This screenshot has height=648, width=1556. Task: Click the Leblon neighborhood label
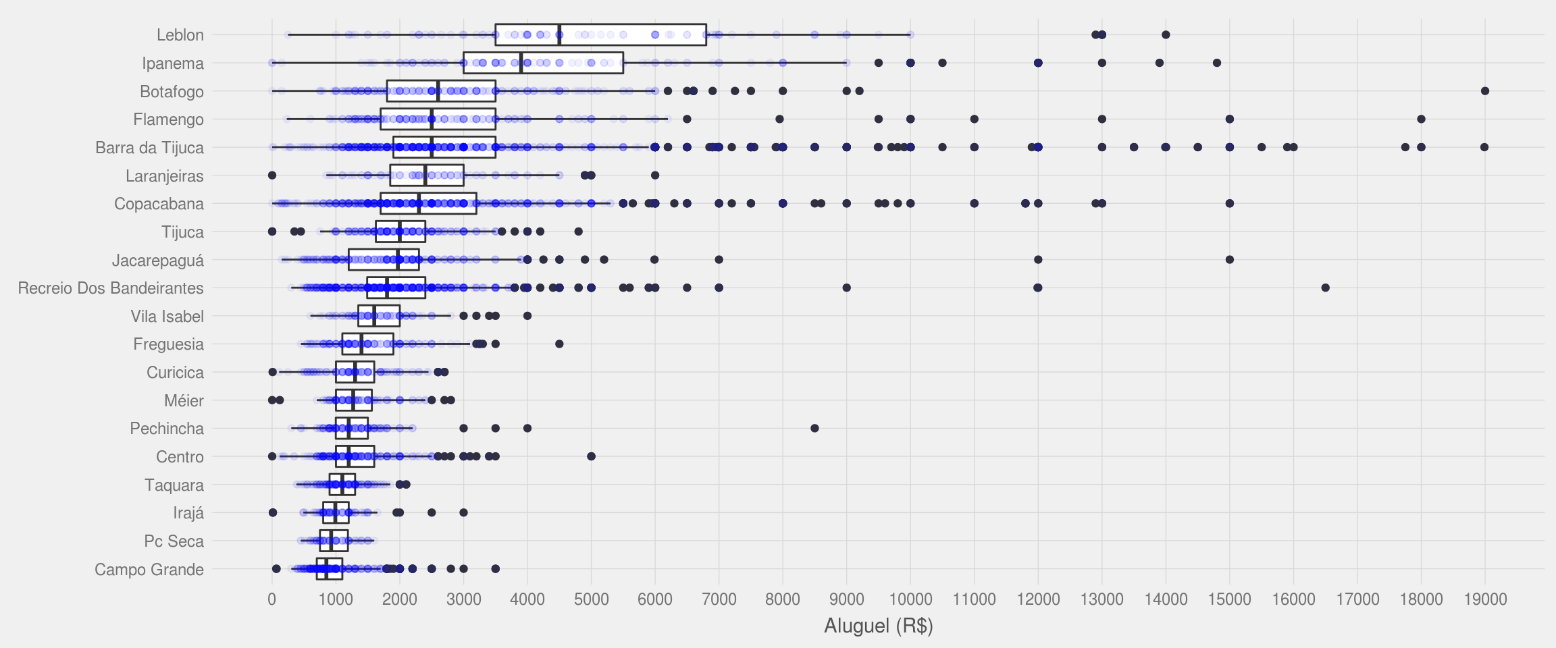[x=180, y=35]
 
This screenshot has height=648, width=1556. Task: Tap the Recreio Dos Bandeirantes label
[x=111, y=288]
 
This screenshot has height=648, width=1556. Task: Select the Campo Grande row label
[x=149, y=570]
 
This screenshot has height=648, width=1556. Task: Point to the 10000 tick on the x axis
[x=910, y=599]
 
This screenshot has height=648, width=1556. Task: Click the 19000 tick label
[x=1485, y=599]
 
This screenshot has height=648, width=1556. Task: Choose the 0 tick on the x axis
[x=272, y=599]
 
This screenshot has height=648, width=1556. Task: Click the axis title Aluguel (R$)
[x=878, y=626]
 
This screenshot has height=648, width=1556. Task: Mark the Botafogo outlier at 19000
[x=1485, y=91]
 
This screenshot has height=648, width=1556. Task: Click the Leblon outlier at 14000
[x=1166, y=35]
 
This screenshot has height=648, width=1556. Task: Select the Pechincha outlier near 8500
[x=814, y=429]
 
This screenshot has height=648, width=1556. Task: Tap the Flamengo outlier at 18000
[x=1421, y=119]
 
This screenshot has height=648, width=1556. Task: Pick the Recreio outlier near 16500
[x=1326, y=288]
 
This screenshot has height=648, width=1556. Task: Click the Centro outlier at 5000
[x=592, y=457]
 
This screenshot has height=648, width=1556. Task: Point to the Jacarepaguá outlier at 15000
[x=1230, y=260]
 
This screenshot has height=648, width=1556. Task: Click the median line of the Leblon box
[x=559, y=35]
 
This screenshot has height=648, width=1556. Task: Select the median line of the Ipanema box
[x=521, y=63]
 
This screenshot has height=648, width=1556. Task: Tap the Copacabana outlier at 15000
[x=1230, y=204]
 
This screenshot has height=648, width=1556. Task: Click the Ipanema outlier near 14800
[x=1217, y=63]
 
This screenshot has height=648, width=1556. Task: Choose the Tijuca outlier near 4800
[x=579, y=232]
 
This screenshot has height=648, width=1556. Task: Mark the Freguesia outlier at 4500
[x=559, y=344]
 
